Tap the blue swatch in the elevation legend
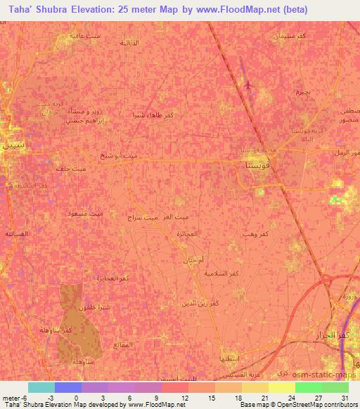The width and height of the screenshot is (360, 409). pos(68,387)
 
